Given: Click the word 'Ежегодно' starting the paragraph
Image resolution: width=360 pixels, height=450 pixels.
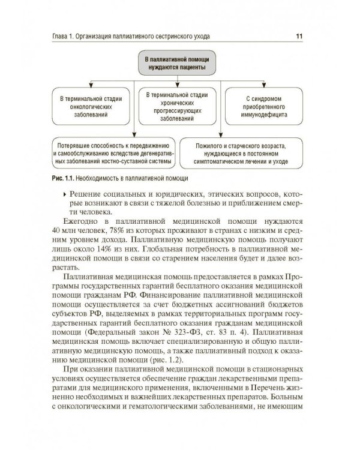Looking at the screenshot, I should (80, 221).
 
